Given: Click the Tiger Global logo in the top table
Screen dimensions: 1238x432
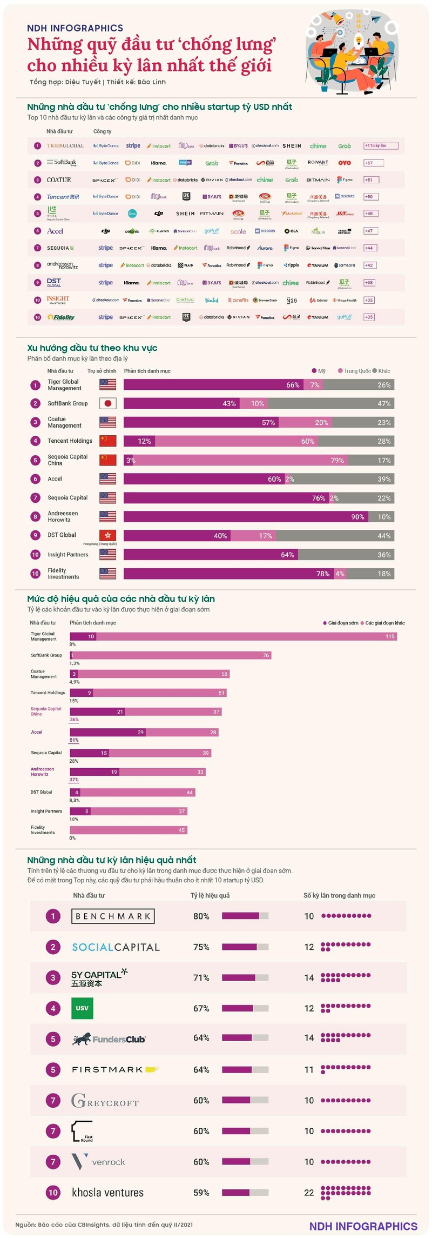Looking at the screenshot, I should click(65, 145).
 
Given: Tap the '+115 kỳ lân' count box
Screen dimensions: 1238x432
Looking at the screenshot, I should click(381, 145).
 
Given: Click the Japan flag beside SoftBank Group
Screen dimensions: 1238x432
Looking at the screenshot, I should click(108, 403).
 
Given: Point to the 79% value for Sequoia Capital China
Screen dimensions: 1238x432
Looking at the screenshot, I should click(337, 460).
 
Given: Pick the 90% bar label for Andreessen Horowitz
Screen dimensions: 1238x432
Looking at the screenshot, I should click(357, 517).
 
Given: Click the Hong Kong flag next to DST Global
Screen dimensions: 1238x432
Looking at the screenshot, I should click(108, 535).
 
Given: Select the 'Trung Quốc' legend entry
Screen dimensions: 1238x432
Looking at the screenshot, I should click(354, 371).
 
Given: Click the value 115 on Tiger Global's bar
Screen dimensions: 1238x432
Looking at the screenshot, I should click(390, 636).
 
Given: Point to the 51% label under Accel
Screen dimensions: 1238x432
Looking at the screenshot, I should click(74, 740).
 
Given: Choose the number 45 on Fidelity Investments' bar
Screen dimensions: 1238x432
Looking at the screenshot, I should click(181, 830).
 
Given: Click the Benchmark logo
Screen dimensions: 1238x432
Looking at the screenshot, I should click(113, 916).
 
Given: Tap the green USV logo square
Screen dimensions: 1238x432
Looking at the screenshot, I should click(82, 1008).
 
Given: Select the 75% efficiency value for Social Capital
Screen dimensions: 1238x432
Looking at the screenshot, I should click(201, 947).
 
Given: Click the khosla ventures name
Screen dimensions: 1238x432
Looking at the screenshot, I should click(107, 1192).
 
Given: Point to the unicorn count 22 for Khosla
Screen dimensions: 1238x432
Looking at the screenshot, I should click(309, 1192).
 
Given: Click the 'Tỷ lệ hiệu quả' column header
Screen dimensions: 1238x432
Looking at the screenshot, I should click(210, 895).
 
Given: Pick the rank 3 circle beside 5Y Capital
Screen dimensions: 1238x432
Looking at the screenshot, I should click(53, 977).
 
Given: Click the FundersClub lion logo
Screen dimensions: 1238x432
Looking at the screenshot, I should click(82, 1039).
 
